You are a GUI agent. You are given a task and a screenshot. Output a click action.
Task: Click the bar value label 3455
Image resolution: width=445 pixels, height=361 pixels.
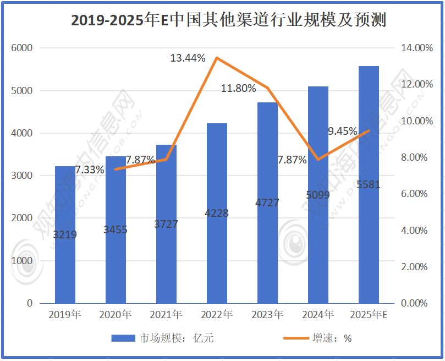[x=116, y=229]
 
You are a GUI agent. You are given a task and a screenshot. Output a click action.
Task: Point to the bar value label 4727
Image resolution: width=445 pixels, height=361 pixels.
[x=267, y=203]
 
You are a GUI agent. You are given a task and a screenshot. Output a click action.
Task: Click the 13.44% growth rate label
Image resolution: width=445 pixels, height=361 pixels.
[x=188, y=58]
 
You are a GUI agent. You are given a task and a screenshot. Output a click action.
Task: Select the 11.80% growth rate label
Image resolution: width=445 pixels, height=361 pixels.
[x=238, y=88]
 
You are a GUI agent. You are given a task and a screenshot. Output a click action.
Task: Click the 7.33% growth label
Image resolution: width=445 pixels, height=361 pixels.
[x=89, y=170]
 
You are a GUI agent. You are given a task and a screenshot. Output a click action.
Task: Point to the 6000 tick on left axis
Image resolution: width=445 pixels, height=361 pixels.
[x=21, y=48]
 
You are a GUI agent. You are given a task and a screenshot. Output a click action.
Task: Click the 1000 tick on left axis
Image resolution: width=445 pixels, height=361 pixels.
[x=21, y=261]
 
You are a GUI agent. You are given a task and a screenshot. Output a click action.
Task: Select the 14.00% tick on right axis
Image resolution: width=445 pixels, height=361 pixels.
[x=416, y=48]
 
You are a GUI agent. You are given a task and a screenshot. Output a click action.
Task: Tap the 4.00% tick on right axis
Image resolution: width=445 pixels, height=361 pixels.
[x=416, y=231]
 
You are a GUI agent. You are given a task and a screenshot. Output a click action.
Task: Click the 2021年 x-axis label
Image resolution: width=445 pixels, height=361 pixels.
[x=166, y=315]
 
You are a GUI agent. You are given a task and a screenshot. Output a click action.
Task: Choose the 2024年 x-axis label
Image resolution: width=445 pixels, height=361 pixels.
[x=318, y=315]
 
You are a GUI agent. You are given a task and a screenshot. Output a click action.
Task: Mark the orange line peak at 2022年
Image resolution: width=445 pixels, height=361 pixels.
[x=217, y=58]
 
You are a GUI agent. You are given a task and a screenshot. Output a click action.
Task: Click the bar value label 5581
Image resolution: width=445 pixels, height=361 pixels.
[x=369, y=185]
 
